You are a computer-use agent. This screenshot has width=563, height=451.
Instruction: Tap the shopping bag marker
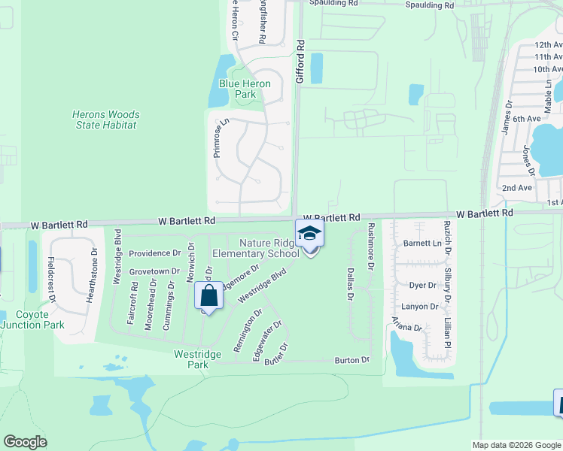209,295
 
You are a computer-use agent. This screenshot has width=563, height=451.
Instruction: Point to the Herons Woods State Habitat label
105,120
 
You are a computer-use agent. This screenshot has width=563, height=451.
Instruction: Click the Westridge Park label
191,359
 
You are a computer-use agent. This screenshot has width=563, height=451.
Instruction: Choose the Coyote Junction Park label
32,319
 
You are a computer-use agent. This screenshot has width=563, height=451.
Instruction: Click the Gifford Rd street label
300,61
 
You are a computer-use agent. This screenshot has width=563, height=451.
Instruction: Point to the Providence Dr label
154,254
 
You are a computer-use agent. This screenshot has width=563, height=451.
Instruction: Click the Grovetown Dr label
154,271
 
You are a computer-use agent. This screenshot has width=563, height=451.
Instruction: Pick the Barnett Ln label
421,243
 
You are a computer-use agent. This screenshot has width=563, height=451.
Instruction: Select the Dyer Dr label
422,285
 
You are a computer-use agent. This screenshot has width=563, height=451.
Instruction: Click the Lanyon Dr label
419,306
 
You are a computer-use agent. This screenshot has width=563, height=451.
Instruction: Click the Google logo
26,442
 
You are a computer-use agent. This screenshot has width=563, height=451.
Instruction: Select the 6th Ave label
528,119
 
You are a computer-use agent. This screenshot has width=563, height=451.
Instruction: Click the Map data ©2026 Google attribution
516,445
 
